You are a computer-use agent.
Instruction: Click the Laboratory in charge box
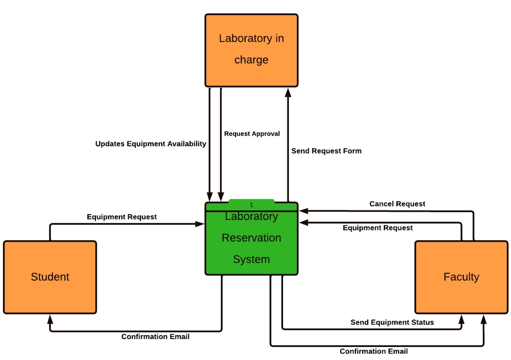pyautogui.click(x=251, y=50)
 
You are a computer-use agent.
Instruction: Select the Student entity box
pyautogui.click(x=50, y=277)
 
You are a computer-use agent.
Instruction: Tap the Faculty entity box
pyautogui.click(x=461, y=277)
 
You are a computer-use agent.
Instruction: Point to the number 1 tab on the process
pyautogui.click(x=252, y=205)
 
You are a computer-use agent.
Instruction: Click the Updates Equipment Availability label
pyautogui.click(x=151, y=144)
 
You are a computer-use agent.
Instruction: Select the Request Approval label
pyautogui.click(x=252, y=134)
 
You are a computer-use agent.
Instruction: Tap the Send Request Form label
pyautogui.click(x=326, y=151)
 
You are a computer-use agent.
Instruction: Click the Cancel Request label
pyautogui.click(x=397, y=204)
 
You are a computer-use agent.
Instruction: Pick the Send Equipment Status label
pyautogui.click(x=392, y=322)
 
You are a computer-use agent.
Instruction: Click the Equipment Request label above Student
pyautogui.click(x=122, y=217)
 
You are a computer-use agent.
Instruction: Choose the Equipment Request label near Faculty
pyautogui.click(x=378, y=228)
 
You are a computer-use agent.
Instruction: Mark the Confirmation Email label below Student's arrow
pyautogui.click(x=155, y=337)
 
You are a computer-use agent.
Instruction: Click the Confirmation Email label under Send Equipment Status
pyautogui.click(x=374, y=351)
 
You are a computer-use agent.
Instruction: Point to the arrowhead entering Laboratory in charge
pyautogui.click(x=288, y=92)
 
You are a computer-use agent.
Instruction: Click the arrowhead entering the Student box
pyautogui.click(x=50, y=319)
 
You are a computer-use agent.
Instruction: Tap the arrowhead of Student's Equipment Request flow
pyautogui.click(x=201, y=224)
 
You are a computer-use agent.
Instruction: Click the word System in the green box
pyautogui.click(x=252, y=260)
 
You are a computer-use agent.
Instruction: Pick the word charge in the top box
pyautogui.click(x=252, y=60)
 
